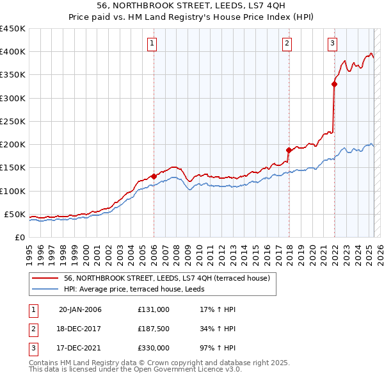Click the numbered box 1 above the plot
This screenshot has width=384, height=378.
(152, 44)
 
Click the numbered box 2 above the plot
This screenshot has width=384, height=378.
(287, 44)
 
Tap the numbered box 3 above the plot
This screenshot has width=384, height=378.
(333, 44)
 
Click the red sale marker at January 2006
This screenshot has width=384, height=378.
(154, 176)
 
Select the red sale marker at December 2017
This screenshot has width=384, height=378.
(289, 150)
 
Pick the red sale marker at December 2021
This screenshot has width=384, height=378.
(335, 84)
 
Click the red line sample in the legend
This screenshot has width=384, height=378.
(45, 278)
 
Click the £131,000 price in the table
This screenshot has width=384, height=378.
(153, 309)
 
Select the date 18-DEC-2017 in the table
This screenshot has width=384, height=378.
(80, 329)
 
